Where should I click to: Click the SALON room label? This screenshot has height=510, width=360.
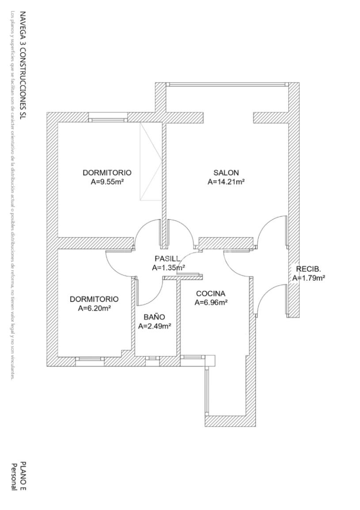[226, 172]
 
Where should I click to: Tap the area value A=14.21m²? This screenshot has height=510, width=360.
[226, 181]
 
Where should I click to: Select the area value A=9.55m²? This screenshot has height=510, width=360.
[107, 181]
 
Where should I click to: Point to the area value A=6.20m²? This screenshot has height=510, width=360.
[94, 308]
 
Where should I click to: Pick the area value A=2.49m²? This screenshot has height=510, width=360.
[155, 326]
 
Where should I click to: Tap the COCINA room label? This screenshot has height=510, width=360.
[211, 293]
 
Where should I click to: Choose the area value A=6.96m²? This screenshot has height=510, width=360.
[211, 303]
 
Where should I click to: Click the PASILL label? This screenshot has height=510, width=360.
[167, 259]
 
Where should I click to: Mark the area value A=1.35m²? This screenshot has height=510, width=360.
[168, 267]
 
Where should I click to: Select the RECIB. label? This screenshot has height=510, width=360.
[308, 269]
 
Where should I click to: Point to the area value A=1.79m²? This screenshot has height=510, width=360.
[309, 278]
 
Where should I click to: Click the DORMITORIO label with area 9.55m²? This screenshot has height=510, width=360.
[107, 172]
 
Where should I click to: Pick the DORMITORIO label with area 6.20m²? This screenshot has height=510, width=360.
[94, 299]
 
